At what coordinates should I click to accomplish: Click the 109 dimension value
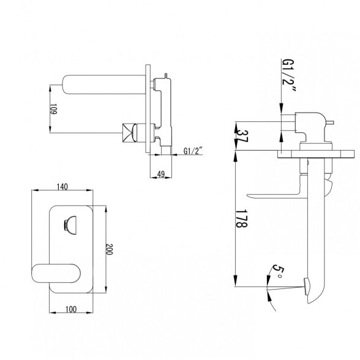(53, 109)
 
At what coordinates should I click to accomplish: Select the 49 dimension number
(161, 174)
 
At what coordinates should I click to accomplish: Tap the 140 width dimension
(62, 187)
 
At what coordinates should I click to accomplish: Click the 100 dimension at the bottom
(71, 310)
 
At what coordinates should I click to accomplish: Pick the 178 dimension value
(241, 219)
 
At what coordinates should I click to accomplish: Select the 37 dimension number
(242, 136)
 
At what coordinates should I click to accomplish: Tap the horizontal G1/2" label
(193, 151)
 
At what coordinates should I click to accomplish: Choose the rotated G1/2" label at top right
(288, 75)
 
